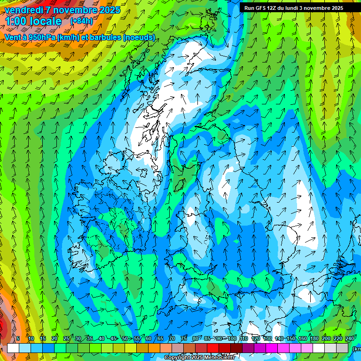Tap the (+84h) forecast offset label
tap(81, 21)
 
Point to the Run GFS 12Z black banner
tap(294, 8)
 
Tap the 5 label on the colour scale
tap(18, 338)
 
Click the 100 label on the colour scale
tap(232, 338)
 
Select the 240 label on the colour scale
tap(349, 338)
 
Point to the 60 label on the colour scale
tap(148, 338)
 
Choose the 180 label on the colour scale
tap(314, 338)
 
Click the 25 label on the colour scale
tap(66, 338)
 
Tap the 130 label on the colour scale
tap(267, 338)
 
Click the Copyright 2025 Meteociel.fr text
tap(199, 358)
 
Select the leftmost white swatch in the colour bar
tap(13, 348)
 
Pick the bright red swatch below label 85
tap(213, 348)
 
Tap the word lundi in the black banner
tap(291, 8)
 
